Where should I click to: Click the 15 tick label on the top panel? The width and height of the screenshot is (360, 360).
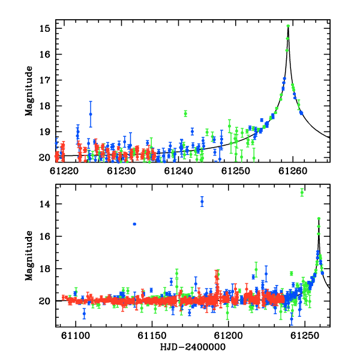(44, 29)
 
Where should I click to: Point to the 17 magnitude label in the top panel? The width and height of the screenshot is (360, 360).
(44, 80)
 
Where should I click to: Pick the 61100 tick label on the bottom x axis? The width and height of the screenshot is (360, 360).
(76, 335)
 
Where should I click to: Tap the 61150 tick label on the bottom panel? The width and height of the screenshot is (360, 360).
(152, 335)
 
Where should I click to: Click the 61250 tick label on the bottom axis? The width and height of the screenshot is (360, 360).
(305, 335)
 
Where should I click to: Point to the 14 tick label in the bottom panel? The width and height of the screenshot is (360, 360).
(44, 204)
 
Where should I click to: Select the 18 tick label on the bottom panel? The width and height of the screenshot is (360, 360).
(44, 269)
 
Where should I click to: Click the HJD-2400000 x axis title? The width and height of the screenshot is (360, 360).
(193, 347)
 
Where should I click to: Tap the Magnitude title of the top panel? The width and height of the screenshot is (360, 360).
(29, 91)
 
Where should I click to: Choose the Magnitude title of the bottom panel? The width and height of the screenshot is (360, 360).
(29, 256)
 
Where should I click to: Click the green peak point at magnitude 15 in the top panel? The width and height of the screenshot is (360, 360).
(288, 26)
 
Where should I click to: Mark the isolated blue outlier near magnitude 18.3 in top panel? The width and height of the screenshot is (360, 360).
(91, 114)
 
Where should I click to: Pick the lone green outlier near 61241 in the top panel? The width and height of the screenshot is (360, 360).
(185, 113)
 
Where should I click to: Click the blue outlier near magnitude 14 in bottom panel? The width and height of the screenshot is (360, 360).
(202, 202)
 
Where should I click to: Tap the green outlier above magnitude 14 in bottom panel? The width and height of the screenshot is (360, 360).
(302, 193)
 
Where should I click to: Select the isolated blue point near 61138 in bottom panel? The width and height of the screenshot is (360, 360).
(134, 224)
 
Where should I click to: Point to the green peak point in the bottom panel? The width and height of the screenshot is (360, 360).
(319, 218)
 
